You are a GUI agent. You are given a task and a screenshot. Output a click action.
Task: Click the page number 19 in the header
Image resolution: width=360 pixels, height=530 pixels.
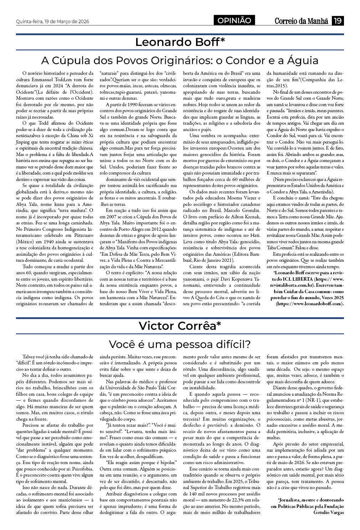pyautogui.click(x=338, y=21)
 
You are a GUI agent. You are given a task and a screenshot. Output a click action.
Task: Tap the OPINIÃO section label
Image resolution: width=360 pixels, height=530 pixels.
pyautogui.click(x=235, y=21)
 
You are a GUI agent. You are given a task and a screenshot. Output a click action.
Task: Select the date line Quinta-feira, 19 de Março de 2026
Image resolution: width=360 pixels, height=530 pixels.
pyautogui.click(x=52, y=21)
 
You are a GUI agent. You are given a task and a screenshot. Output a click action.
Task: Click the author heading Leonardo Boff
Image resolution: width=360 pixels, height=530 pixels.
pyautogui.click(x=180, y=42)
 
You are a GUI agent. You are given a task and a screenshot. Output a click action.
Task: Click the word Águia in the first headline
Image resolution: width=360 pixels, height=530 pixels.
pyautogui.click(x=301, y=60)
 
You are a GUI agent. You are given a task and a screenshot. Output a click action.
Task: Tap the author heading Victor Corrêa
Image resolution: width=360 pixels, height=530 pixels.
pyautogui.click(x=180, y=326)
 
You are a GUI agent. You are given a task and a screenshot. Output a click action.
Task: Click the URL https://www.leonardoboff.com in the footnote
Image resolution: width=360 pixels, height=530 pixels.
pyautogui.click(x=309, y=304)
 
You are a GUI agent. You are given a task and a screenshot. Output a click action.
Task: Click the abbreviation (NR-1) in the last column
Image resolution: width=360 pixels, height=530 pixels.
pyautogui.click(x=312, y=400)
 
